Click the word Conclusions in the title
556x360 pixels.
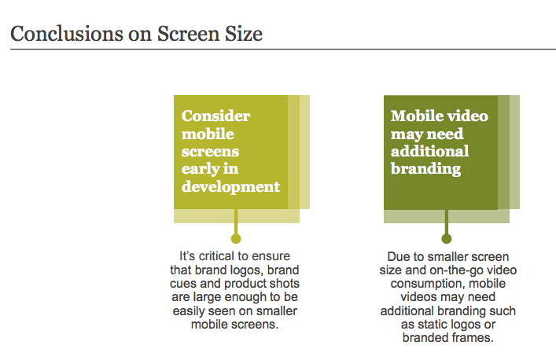(x=67, y=34)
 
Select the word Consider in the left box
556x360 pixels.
(x=216, y=116)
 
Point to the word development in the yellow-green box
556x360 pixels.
(x=231, y=187)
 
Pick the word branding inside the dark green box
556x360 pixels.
(x=426, y=169)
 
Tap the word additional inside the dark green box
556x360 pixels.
(x=429, y=151)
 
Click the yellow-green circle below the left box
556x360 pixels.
(x=236, y=238)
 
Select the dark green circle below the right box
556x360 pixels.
(x=447, y=238)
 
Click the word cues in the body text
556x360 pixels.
(x=183, y=284)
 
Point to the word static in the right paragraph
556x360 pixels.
(x=433, y=324)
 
